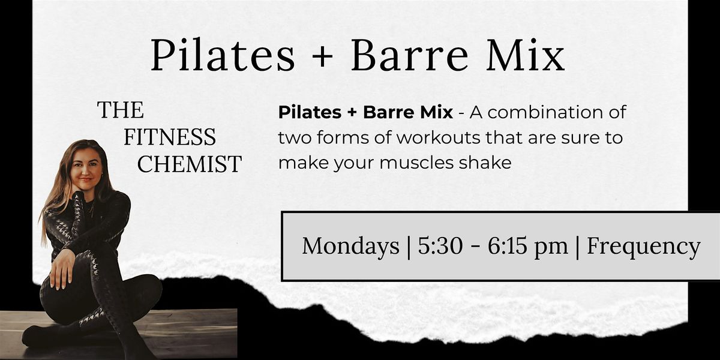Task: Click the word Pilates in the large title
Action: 223,56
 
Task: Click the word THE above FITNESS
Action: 121,110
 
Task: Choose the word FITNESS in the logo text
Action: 170,137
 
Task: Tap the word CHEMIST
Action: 190,164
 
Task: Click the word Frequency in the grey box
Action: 643,246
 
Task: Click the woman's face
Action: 88,164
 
